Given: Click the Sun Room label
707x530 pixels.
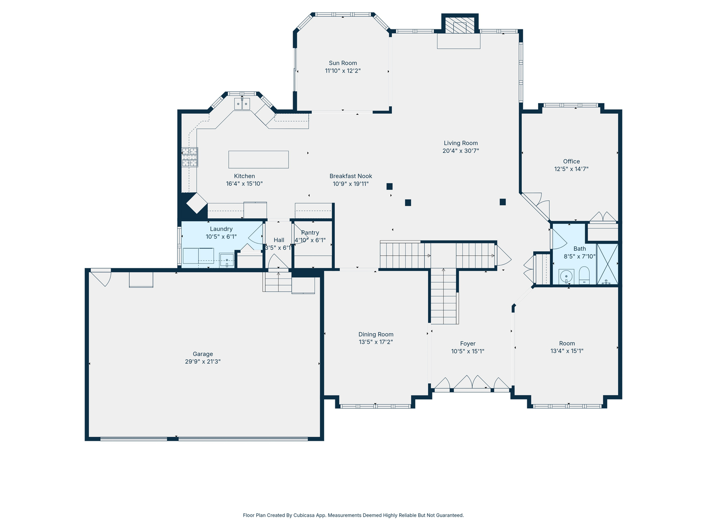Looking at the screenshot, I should click(343, 63).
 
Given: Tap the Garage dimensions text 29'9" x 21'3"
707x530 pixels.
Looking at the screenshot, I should click(203, 362).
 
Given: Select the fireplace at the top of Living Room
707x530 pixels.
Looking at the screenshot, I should click(460, 27).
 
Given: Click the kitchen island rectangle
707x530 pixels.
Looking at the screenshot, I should click(258, 159).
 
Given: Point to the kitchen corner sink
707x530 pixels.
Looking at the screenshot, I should click(242, 104).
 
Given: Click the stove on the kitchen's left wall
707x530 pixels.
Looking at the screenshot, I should click(190, 158).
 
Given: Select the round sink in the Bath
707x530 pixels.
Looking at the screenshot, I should click(566, 276).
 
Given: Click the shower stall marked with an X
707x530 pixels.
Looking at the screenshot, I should click(607, 264).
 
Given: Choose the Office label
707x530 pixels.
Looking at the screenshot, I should click(571, 161).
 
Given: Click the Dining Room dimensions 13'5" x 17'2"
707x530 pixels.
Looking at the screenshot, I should click(376, 342).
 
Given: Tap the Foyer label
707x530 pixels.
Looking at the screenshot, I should click(467, 344).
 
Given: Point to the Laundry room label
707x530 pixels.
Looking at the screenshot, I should click(221, 229).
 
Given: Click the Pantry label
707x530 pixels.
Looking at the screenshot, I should click(310, 233).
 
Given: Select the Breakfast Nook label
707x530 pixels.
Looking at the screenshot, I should click(351, 176).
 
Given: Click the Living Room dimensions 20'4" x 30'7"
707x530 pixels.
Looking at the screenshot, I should click(461, 151).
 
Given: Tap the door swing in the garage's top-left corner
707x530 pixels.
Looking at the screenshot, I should click(102, 278).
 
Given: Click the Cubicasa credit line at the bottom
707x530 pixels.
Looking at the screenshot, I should click(353, 515).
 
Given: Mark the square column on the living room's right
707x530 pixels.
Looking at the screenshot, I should click(503, 202).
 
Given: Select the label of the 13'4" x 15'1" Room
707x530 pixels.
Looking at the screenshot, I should click(567, 344).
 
